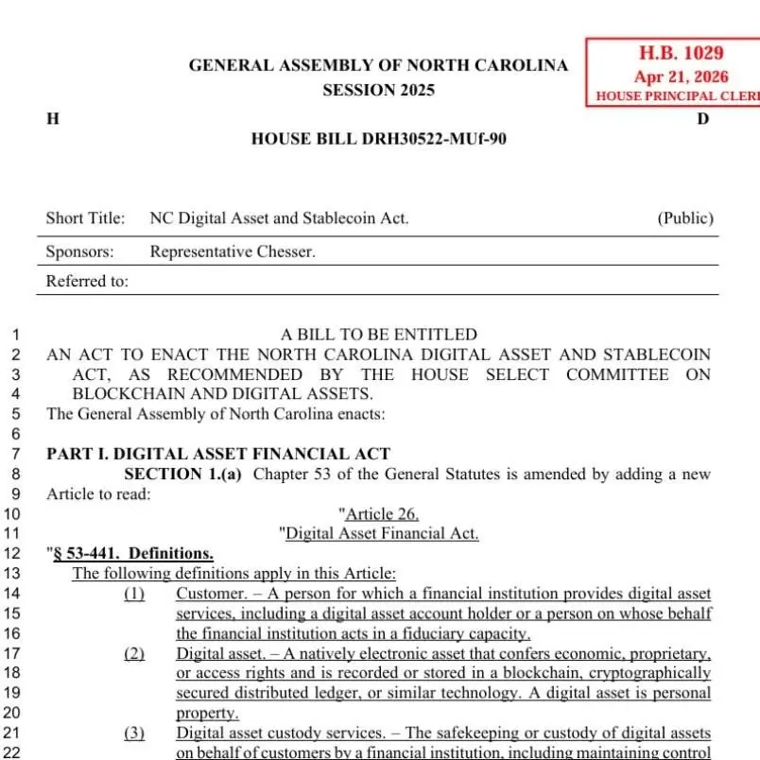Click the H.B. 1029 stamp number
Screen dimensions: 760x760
(x=681, y=55)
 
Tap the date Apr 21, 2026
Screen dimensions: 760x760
(x=681, y=77)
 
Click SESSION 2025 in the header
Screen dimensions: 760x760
(x=378, y=91)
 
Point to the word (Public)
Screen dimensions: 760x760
(x=685, y=218)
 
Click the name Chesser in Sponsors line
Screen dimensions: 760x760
(x=285, y=251)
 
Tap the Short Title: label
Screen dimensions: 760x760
(x=85, y=218)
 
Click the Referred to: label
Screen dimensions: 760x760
(x=87, y=281)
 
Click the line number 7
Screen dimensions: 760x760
(x=16, y=454)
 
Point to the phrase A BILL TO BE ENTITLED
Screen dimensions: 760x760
(x=379, y=335)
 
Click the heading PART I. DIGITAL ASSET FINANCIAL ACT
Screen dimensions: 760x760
(x=218, y=454)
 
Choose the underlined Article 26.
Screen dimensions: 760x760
(x=382, y=514)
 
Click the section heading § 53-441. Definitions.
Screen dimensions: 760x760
(x=132, y=553)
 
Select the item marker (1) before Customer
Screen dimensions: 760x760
(x=134, y=594)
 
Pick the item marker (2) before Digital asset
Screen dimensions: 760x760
(x=134, y=653)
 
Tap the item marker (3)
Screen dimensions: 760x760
(x=134, y=734)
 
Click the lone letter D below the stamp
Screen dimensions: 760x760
(x=702, y=119)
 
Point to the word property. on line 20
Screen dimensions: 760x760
(x=207, y=714)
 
